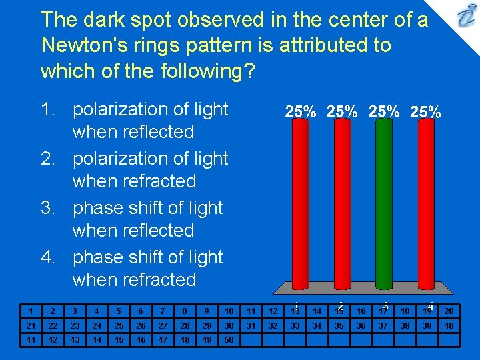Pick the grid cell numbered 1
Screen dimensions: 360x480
coord(30,311)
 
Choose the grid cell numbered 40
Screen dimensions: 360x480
coord(449,325)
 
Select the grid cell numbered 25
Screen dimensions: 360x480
coord(119,325)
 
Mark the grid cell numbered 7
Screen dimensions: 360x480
coord(163,311)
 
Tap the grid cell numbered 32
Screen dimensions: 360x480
coord(273,325)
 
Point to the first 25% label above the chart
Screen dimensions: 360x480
coord(301,111)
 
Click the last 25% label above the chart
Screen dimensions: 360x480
coord(425,111)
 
